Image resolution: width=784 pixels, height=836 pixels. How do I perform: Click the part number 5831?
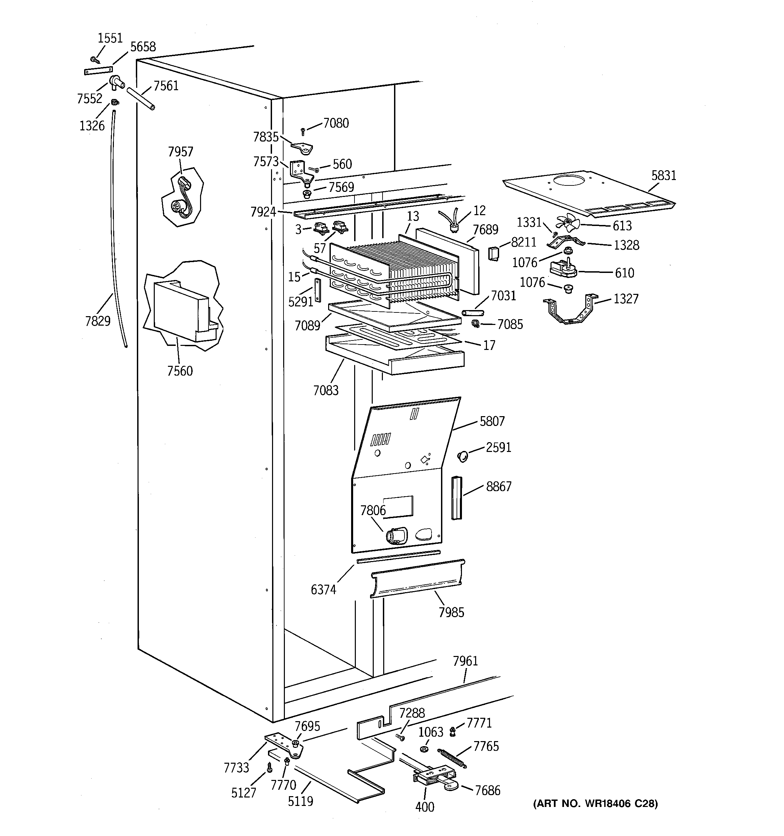tap(664, 175)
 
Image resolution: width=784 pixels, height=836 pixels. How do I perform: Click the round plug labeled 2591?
tap(463, 456)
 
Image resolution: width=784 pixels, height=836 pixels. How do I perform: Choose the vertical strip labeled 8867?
tap(457, 498)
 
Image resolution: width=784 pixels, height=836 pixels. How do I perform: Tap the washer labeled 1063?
tap(424, 750)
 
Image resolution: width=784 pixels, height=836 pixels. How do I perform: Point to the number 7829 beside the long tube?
tap(98, 321)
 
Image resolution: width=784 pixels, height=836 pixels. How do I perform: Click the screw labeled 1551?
tap(95, 60)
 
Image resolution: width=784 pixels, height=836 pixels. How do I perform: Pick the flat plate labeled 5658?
tap(98, 71)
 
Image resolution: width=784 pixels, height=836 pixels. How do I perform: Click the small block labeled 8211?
tap(493, 254)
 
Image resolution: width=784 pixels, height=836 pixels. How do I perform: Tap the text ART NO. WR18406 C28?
tap(595, 804)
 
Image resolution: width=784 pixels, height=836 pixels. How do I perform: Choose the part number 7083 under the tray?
tap(326, 391)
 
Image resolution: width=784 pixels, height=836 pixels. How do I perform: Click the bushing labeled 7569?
tap(307, 194)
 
